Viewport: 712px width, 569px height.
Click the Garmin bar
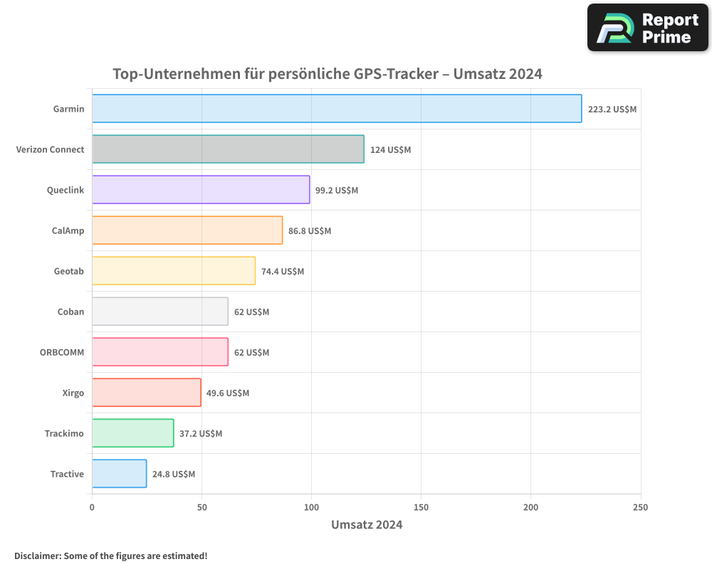pos(336,109)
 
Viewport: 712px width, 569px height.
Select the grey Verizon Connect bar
pos(228,149)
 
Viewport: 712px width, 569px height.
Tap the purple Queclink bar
pos(201,190)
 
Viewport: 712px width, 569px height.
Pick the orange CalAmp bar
pos(187,230)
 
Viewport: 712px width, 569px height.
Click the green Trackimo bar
pos(132,433)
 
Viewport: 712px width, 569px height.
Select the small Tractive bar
pos(119,474)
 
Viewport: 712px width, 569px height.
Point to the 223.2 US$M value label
pos(612,110)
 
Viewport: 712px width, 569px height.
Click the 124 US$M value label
pos(390,150)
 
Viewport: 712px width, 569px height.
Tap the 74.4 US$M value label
pos(282,272)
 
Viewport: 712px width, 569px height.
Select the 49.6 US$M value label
pos(228,393)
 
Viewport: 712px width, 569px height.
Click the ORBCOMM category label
pos(62,353)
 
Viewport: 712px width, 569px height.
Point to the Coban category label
pos(70,312)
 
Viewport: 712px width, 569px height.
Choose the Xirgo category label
pos(73,393)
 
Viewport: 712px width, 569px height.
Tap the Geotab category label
pos(69,272)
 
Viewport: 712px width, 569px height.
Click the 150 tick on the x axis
pos(421,507)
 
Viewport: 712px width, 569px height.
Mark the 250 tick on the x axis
pos(640,507)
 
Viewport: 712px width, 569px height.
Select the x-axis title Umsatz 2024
pos(367,525)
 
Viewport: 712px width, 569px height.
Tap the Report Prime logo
pos(648,28)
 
